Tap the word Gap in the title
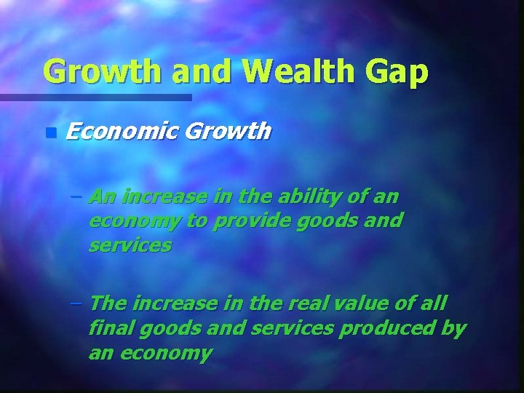(399, 73)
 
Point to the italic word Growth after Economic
(228, 132)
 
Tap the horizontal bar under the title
(95, 97)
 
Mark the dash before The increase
(76, 303)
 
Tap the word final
(108, 328)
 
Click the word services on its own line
(130, 245)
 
